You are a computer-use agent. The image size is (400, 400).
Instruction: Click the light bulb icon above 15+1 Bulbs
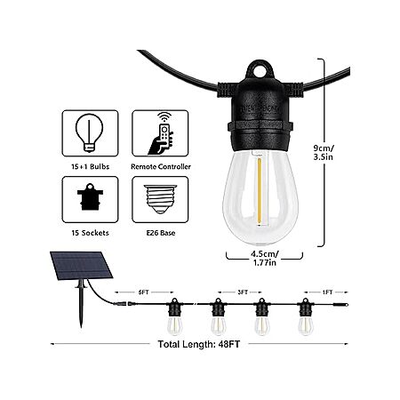(89, 133)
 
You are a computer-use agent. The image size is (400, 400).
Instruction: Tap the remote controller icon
(161, 133)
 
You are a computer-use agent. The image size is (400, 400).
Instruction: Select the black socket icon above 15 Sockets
(90, 196)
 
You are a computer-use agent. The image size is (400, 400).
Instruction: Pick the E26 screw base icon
(160, 199)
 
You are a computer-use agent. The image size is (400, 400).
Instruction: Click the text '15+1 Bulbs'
(90, 166)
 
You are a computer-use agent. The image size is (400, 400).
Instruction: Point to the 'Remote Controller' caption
(161, 166)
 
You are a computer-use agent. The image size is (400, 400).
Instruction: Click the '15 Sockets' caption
(90, 233)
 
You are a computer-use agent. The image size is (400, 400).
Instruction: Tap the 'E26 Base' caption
(161, 233)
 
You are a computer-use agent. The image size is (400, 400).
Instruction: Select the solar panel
(81, 266)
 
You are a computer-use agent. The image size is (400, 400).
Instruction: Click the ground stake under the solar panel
(80, 304)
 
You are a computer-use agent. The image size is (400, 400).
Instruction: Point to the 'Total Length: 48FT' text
(198, 344)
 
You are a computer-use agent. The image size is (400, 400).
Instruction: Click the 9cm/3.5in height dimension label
(324, 152)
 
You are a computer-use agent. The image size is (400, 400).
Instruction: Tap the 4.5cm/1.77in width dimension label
(265, 258)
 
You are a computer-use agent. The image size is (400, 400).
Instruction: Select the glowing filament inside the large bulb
(260, 192)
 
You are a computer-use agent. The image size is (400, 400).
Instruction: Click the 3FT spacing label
(243, 292)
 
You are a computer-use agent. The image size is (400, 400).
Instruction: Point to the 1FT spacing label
(327, 292)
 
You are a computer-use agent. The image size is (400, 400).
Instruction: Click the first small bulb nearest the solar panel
(174, 326)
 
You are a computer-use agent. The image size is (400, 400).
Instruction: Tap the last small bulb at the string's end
(306, 326)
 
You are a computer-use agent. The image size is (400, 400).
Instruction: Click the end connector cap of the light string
(340, 304)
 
